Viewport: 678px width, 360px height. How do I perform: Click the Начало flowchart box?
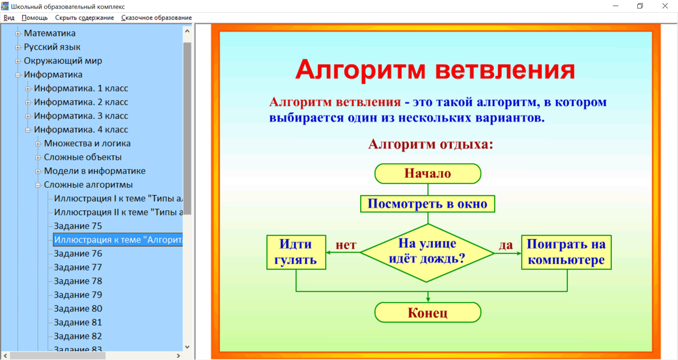pyautogui.click(x=427, y=174)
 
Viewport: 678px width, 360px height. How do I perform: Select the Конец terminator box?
pyautogui.click(x=427, y=312)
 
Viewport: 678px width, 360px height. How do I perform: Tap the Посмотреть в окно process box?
pyautogui.click(x=427, y=204)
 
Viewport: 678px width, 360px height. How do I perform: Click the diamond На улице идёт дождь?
pyautogui.click(x=427, y=252)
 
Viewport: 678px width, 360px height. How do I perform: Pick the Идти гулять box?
pyautogui.click(x=296, y=252)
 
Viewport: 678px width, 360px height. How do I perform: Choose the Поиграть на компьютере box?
pyautogui.click(x=566, y=252)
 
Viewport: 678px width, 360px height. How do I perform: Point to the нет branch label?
pyautogui.click(x=346, y=246)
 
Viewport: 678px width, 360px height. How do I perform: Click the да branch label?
pyautogui.click(x=506, y=246)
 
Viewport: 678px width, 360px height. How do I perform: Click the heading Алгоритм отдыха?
pyautogui.click(x=430, y=144)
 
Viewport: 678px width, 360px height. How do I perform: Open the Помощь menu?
pyautogui.click(x=34, y=17)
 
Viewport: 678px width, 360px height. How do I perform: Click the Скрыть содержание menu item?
pyautogui.click(x=85, y=17)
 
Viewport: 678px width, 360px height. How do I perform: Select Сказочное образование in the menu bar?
pyautogui.click(x=156, y=17)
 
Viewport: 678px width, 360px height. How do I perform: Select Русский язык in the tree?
pyautogui.click(x=52, y=47)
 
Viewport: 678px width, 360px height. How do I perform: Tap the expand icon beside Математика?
pyautogui.click(x=18, y=33)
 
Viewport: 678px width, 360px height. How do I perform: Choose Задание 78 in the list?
pyautogui.click(x=78, y=281)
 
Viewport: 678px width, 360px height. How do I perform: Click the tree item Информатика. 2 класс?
pyautogui.click(x=81, y=102)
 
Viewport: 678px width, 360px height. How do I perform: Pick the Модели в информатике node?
pyautogui.click(x=94, y=171)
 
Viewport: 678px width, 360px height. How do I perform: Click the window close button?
pyautogui.click(x=665, y=6)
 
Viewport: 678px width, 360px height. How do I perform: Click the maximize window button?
pyautogui.click(x=640, y=6)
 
